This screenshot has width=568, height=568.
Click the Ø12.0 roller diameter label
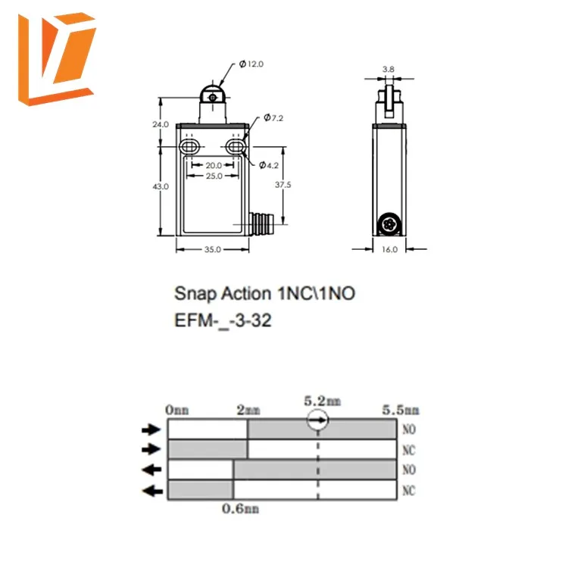click(251, 64)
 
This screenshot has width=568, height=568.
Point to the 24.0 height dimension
click(160, 123)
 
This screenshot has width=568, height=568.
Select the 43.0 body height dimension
click(161, 186)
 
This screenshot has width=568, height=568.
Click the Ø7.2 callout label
click(273, 119)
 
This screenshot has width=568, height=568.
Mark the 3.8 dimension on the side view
click(389, 69)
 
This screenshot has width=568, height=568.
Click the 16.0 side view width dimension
click(390, 249)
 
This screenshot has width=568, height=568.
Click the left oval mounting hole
click(189, 146)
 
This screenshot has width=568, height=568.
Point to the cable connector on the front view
click(258, 224)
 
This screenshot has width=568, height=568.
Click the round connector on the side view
click(390, 224)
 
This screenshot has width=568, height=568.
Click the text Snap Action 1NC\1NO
click(264, 293)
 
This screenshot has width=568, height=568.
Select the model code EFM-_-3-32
click(223, 320)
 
